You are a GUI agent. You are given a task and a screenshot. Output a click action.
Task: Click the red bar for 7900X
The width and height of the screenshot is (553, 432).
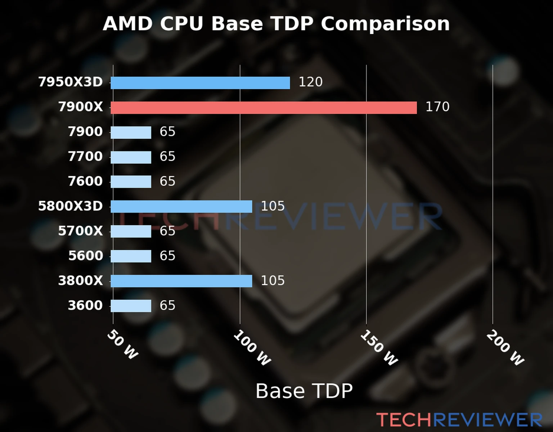(264, 108)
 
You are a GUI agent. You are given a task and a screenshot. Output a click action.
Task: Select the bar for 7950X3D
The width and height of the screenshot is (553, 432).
(200, 83)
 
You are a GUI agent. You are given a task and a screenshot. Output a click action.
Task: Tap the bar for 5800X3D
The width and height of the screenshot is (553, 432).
(181, 207)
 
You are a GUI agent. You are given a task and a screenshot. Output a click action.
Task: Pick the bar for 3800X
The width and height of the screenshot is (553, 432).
(181, 281)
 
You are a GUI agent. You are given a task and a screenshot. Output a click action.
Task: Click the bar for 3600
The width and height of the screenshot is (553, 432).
(131, 306)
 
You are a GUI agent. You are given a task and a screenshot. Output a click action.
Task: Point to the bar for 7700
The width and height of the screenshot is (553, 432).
(131, 157)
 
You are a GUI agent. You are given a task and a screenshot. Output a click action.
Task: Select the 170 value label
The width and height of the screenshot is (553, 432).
(437, 107)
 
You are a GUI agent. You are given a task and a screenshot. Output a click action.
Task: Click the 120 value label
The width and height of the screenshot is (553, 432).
(310, 82)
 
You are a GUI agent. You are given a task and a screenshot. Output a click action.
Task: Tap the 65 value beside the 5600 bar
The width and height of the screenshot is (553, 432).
(167, 256)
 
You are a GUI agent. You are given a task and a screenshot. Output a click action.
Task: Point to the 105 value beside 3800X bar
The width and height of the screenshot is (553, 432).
(273, 281)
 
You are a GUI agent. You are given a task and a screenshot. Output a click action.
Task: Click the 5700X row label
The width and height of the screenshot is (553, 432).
(80, 231)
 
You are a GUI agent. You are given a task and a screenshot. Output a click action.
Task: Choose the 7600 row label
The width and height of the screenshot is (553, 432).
(85, 181)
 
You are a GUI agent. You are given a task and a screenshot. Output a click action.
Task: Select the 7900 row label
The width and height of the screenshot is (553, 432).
(85, 132)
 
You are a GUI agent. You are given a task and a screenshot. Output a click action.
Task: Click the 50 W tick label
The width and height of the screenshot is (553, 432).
(123, 345)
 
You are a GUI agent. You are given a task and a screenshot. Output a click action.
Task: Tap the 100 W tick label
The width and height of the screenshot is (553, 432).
(252, 348)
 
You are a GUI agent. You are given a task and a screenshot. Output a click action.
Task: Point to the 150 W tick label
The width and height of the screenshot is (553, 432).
(379, 348)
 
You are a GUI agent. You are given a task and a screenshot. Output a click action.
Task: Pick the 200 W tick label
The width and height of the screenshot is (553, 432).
(505, 348)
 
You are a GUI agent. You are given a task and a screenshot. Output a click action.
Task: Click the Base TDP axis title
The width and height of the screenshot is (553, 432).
(304, 391)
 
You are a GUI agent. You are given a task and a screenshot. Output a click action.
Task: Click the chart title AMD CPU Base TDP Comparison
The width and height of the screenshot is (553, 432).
(276, 24)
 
